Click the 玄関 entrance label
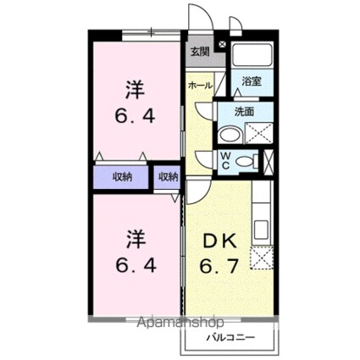tap(199, 52)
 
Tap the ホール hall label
tap(199, 86)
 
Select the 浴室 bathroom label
tap(252, 81)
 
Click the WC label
tap(227, 161)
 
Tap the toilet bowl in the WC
tap(246, 161)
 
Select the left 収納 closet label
tap(123, 176)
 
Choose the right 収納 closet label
tap(168, 176)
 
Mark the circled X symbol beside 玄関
tap(223, 45)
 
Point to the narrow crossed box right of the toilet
tap(269, 161)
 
